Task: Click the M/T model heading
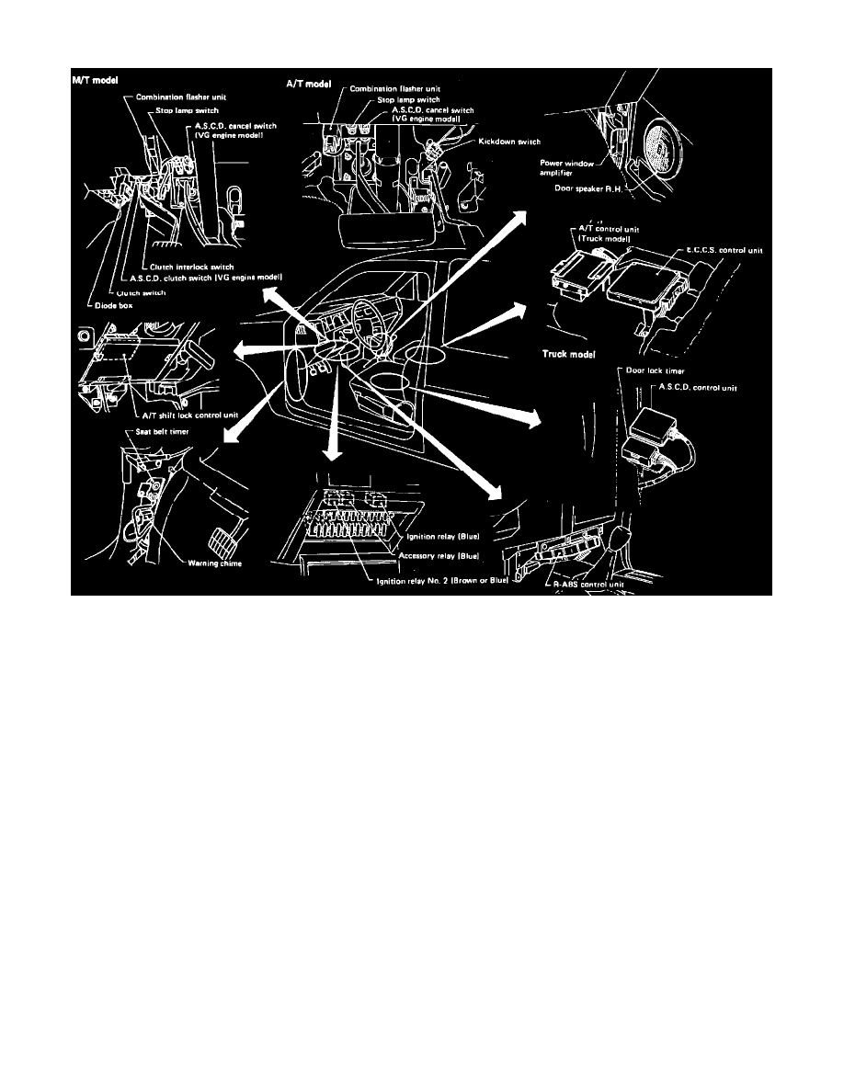click(x=97, y=81)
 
